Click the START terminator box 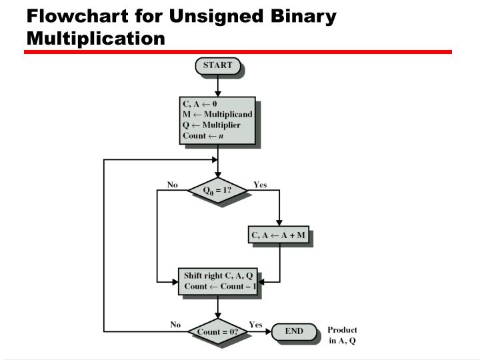217,65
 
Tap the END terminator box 293,331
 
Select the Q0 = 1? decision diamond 218,190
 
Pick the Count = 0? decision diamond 218,331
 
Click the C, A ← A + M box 278,235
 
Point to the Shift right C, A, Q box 218,281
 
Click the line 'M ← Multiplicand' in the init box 217,114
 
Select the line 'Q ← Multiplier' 212,125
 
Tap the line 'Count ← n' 203,135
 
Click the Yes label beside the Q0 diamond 260,185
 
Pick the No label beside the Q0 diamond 172,185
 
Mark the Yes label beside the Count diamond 255,325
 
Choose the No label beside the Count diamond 175,325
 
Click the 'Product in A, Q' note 342,335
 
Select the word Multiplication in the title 95,38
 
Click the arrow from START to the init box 217,86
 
